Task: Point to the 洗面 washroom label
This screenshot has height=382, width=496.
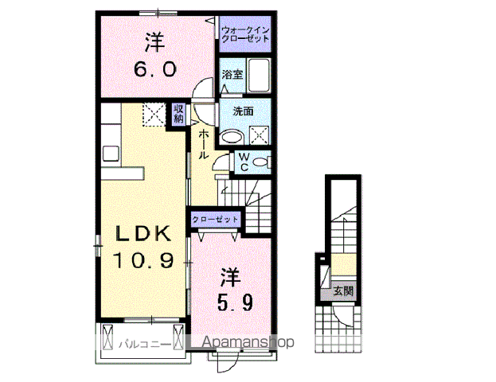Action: pyautogui.click(x=243, y=111)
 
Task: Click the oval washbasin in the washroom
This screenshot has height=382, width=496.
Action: pyautogui.click(x=232, y=137)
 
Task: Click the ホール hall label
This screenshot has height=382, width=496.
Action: pyautogui.click(x=205, y=144)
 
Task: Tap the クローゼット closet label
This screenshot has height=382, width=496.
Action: pyautogui.click(x=214, y=218)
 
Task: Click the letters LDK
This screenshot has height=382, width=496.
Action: pyautogui.click(x=143, y=234)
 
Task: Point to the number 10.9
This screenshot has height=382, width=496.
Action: pyautogui.click(x=143, y=259)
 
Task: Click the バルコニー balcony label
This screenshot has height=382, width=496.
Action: pyautogui.click(x=141, y=345)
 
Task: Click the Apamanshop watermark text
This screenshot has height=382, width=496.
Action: pyautogui.click(x=249, y=342)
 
